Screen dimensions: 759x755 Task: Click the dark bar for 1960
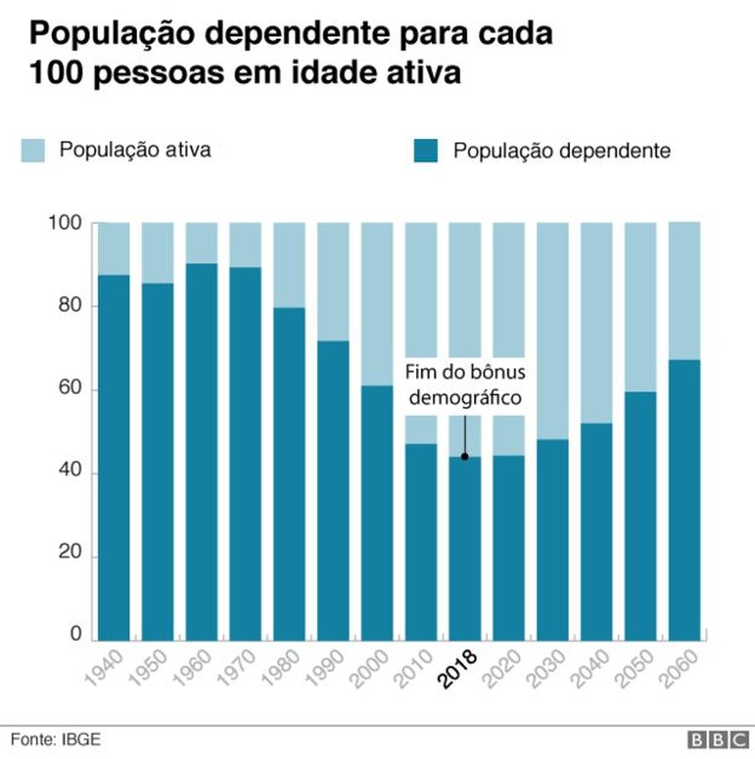[201, 452]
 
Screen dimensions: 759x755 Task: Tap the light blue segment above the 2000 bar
[377, 304]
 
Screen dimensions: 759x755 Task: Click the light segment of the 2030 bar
[552, 330]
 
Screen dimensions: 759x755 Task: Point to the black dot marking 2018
[464, 457]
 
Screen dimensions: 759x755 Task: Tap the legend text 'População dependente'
[562, 150]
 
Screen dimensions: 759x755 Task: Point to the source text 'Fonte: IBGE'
[55, 740]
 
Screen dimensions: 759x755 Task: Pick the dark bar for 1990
[333, 491]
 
